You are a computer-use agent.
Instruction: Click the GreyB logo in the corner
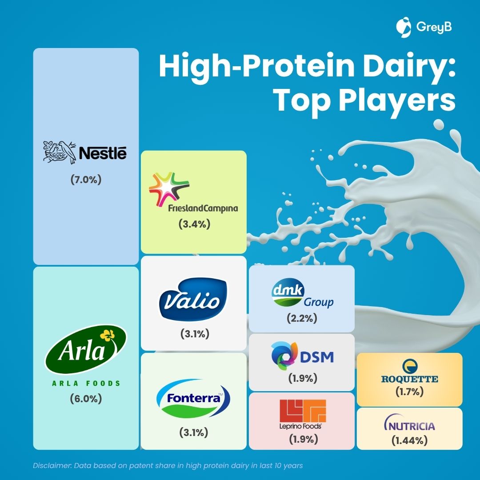[x=424, y=27]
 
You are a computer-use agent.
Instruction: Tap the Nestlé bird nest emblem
[x=60, y=152]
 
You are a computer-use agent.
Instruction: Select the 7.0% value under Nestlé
[x=86, y=180]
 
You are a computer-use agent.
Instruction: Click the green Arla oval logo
[x=86, y=349]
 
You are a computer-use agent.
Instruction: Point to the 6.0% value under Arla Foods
[x=86, y=399]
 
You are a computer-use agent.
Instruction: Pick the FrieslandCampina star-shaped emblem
[x=169, y=188]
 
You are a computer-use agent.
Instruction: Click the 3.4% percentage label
[x=194, y=224]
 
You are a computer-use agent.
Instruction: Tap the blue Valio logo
[x=193, y=300]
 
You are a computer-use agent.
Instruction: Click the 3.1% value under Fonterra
[x=193, y=432]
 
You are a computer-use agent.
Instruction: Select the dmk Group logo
[x=303, y=293]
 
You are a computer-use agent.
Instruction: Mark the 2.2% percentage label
[x=302, y=318]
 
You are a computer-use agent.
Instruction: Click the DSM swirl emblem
[x=284, y=356]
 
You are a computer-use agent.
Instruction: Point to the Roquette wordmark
[x=410, y=379]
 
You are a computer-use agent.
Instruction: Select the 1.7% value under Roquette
[x=410, y=392]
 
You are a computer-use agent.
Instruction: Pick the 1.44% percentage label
[x=410, y=440]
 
